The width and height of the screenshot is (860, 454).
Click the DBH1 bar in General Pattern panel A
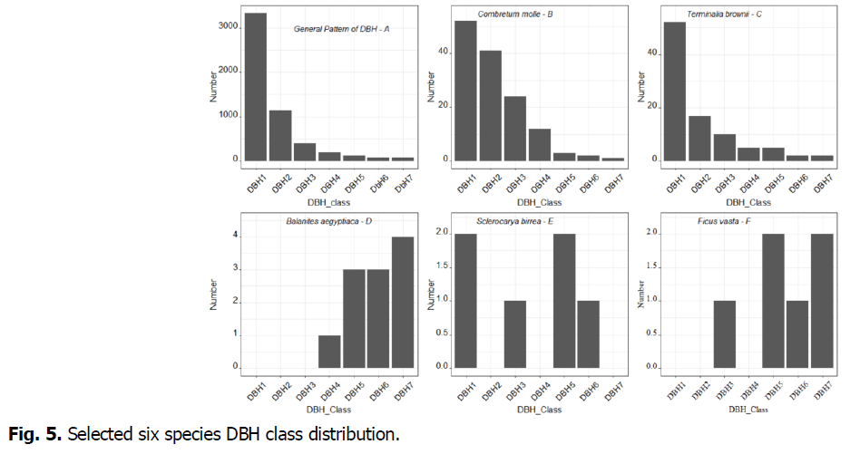click(x=256, y=87)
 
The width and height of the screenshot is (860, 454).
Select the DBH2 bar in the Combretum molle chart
click(x=490, y=105)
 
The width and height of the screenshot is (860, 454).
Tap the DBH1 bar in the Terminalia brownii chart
click(x=674, y=92)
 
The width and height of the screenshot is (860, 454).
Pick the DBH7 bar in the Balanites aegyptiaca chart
click(x=402, y=303)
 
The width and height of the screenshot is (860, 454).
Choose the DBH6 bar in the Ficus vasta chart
click(x=798, y=333)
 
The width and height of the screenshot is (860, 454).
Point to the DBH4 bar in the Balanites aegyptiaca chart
click(x=329, y=352)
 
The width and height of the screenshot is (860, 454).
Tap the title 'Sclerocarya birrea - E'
click(x=517, y=222)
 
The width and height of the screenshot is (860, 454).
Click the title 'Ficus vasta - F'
click(x=721, y=222)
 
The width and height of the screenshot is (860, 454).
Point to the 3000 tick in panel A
click(x=228, y=26)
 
